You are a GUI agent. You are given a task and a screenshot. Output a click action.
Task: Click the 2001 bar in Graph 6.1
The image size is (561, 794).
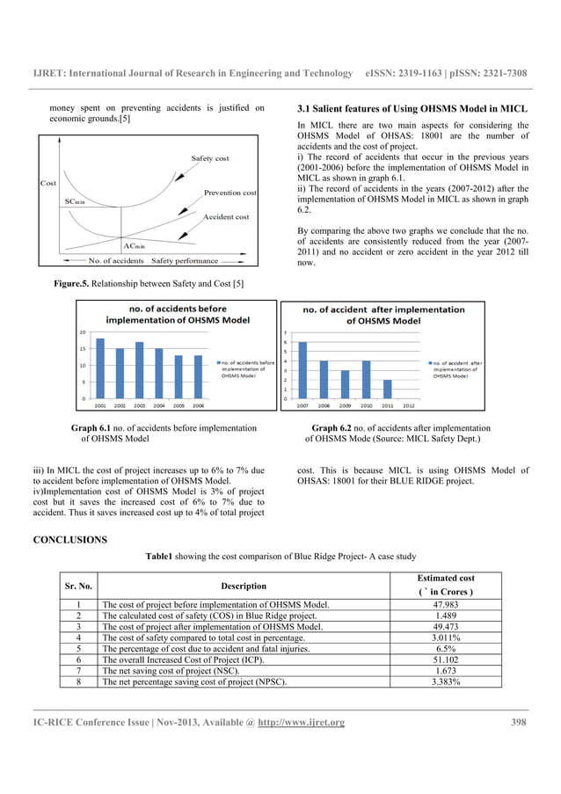[100, 368]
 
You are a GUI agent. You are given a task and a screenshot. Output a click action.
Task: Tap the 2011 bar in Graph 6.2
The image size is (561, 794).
[388, 390]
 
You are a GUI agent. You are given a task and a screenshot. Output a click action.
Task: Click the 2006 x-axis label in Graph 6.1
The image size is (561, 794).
[199, 406]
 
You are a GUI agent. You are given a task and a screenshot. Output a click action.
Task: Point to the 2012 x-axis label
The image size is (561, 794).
[409, 406]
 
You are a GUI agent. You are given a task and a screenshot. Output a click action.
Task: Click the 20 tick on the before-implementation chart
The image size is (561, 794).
[83, 332]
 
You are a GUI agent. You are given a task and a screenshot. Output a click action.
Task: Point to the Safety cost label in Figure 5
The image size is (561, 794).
[210, 158]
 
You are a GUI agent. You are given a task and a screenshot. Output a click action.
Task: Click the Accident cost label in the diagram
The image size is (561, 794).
[226, 216]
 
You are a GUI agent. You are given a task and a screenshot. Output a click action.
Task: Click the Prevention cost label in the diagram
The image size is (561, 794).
[229, 193]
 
